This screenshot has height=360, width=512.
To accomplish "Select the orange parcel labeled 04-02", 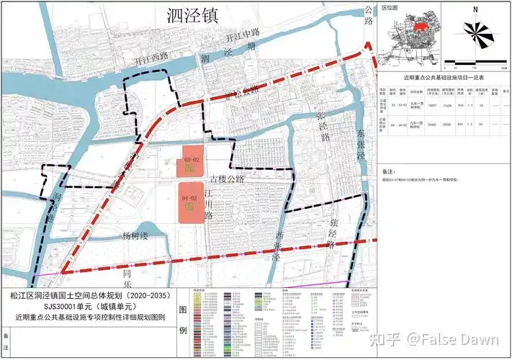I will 189,202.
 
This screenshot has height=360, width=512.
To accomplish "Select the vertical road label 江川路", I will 210,204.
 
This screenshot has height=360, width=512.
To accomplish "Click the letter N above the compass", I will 475,9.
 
